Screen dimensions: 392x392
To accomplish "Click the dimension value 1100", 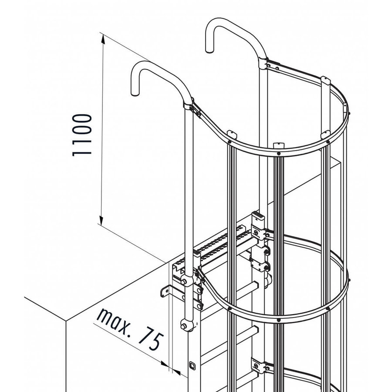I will [x=81, y=135].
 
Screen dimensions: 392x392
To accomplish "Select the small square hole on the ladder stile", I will [x=192, y=365].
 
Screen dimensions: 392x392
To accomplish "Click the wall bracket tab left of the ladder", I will [x=165, y=291].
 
